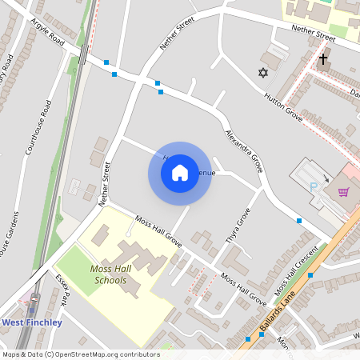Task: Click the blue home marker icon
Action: point(179,173)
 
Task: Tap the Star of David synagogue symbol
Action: point(262,73)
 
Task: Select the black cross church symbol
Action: point(323,58)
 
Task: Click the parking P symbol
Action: point(314,187)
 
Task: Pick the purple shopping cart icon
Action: point(343,191)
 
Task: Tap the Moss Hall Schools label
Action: point(109,274)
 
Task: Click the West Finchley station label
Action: point(33,322)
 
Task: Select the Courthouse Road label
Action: point(38,128)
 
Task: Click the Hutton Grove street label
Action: point(283,105)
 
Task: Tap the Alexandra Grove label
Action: point(244,151)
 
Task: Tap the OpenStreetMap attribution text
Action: point(81,354)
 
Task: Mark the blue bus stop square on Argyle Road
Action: point(106,62)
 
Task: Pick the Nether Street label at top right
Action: point(313,34)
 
